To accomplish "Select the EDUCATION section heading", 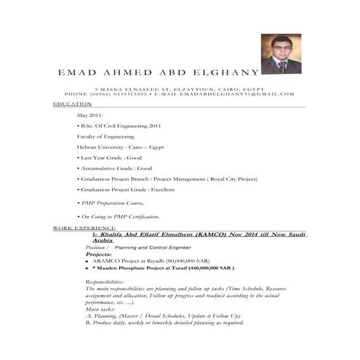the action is tap(72, 104).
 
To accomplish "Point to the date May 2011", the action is tap(90, 116).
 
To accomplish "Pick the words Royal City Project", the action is tap(231, 178).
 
